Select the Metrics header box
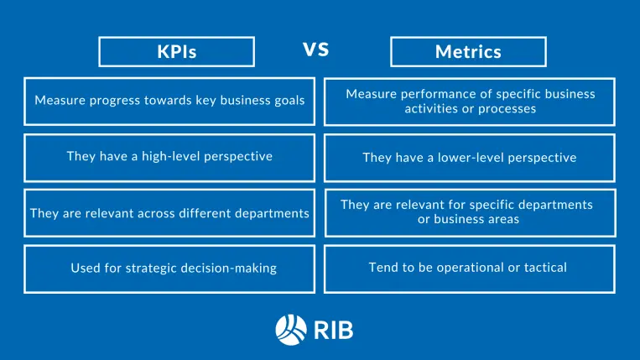[x=468, y=51]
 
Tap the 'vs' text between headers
[x=315, y=50]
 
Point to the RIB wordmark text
[x=334, y=329]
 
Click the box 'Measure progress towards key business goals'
[x=169, y=101]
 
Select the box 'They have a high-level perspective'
[x=169, y=157]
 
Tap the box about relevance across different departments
[x=169, y=213]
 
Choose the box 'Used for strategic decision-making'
[x=169, y=269]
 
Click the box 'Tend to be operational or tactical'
[x=469, y=269]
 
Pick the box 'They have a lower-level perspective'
[x=469, y=158]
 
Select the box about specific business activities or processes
[x=469, y=102]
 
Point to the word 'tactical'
[x=543, y=268]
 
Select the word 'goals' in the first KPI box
[x=287, y=101]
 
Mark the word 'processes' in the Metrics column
[x=509, y=109]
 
